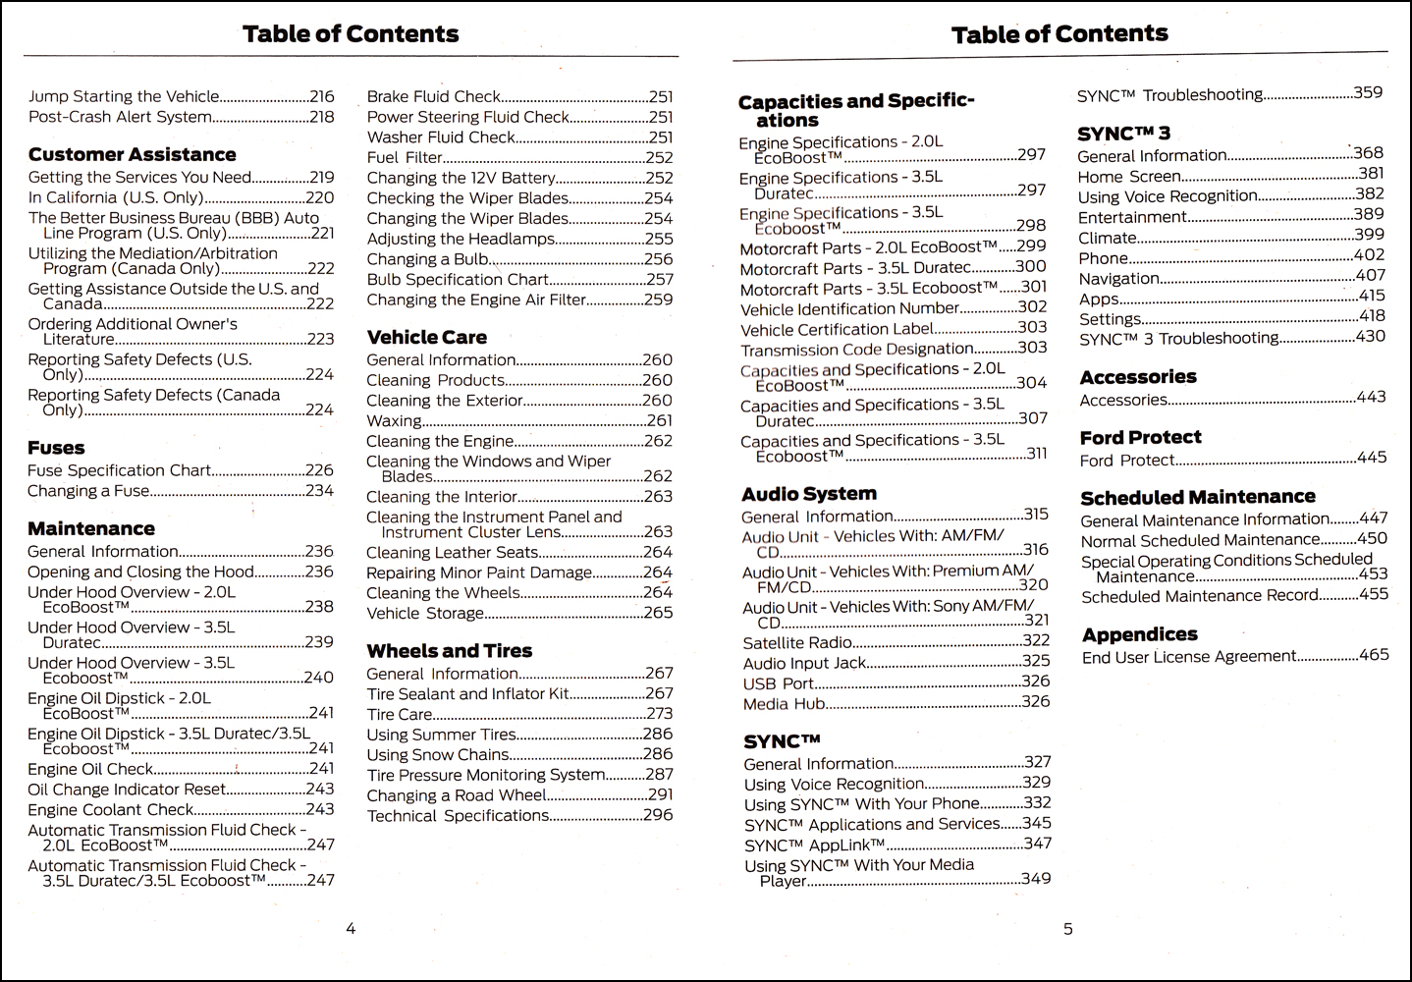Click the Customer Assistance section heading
[x=132, y=154]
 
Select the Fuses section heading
[x=56, y=448]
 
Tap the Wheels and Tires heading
[x=449, y=651]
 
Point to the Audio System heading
[x=808, y=494]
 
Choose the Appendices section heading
[x=1139, y=634]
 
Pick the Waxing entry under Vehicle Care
[x=394, y=421]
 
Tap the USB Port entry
[x=778, y=683]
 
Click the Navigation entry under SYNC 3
[x=1118, y=278]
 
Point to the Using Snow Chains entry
[x=437, y=755]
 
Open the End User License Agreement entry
[x=1188, y=657]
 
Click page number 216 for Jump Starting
[x=321, y=96]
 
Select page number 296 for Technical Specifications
[x=658, y=815]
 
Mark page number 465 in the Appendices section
[x=1373, y=655]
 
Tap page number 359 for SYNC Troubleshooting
[x=1367, y=93]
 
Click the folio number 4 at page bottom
[x=351, y=928]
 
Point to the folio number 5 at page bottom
[x=1068, y=928]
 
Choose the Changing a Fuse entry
[x=88, y=491]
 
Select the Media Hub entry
[x=784, y=704]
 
